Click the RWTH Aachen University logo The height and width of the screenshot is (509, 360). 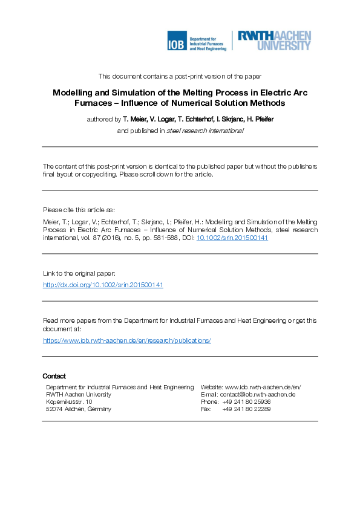click(275, 41)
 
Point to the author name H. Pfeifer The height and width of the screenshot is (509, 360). click(259, 119)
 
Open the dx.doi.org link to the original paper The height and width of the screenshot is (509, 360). click(103, 285)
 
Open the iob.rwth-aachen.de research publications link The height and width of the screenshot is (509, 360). click(126, 340)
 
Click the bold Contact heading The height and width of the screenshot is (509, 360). click(54, 376)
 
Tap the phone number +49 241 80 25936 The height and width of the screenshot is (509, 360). click(246, 401)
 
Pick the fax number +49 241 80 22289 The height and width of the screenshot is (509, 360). click(246, 409)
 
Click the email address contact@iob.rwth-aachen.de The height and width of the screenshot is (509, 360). click(257, 394)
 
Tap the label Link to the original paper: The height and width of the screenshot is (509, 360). click(83, 273)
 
